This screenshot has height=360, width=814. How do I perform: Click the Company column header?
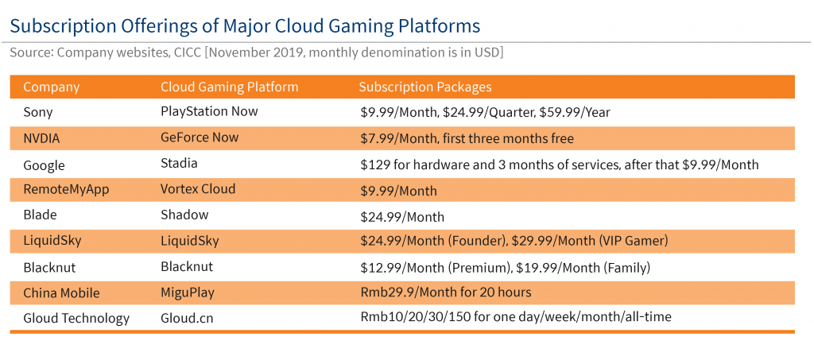52,87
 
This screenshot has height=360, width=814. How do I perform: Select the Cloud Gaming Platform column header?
230,87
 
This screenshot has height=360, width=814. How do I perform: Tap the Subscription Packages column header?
425,87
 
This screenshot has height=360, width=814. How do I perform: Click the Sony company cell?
38,113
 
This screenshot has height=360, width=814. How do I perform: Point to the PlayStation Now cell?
209,111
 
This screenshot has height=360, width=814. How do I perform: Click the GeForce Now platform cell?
200,137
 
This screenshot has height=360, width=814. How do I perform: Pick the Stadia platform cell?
179,164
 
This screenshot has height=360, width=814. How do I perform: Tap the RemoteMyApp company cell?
67,190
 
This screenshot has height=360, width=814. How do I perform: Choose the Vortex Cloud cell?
198,189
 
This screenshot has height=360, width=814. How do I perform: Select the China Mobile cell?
61,293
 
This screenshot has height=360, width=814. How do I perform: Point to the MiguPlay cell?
188,293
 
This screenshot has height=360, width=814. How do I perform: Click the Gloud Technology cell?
76,319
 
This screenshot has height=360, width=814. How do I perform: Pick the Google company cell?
45,165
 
